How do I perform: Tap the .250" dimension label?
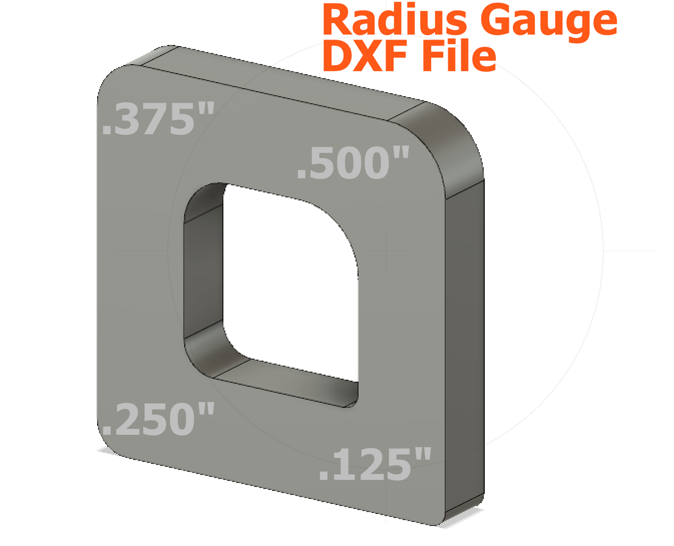[158, 420]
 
